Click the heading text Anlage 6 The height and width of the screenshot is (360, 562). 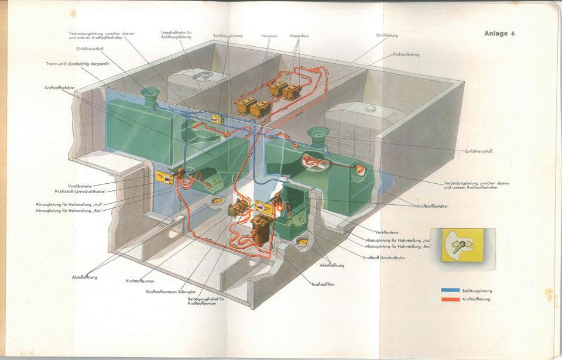(x=499, y=33)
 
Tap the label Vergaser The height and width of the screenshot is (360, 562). (x=269, y=36)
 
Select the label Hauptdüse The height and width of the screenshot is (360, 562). (x=299, y=36)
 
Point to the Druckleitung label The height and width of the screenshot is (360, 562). (x=387, y=35)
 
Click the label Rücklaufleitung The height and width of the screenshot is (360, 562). (x=406, y=54)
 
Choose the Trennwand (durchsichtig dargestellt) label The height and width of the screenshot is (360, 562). (x=77, y=63)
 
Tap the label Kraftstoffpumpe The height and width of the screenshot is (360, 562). (x=140, y=281)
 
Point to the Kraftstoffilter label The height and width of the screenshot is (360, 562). (x=324, y=284)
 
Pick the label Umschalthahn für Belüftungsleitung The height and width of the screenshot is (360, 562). (x=177, y=35)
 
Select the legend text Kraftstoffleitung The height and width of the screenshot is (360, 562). (x=476, y=299)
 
